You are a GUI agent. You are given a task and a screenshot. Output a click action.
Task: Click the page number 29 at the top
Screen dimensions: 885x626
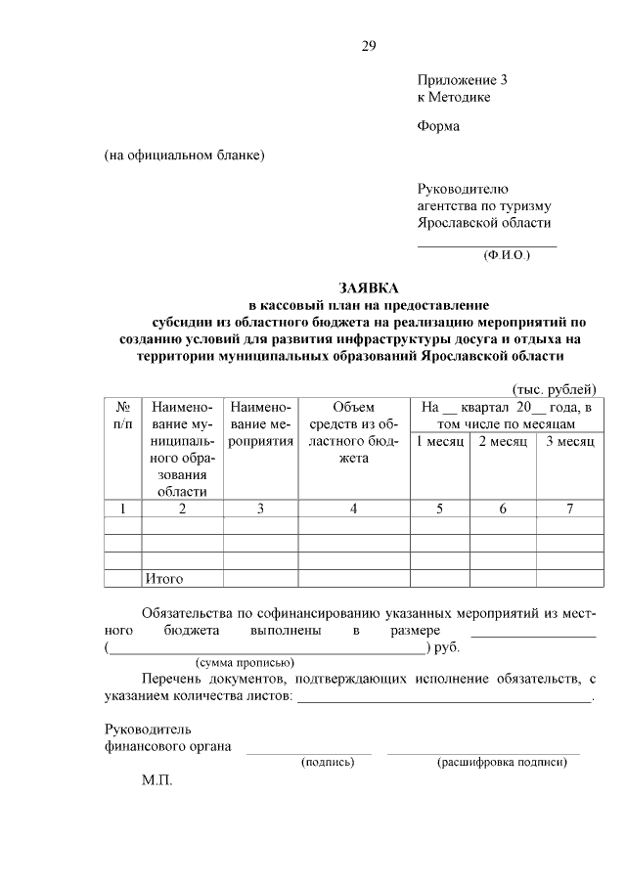click(368, 46)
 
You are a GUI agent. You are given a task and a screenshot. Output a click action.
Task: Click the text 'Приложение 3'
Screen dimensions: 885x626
click(462, 79)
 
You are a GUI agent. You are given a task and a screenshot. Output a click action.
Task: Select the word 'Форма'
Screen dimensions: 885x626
click(438, 126)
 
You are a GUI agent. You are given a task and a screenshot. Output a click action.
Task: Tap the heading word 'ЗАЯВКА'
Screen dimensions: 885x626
click(369, 288)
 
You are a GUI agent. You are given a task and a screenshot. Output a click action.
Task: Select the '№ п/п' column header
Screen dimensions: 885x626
click(123, 416)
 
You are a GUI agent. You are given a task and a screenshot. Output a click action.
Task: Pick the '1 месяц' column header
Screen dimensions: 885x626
click(440, 442)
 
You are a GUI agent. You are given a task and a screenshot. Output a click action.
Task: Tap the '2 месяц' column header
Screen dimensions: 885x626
click(503, 442)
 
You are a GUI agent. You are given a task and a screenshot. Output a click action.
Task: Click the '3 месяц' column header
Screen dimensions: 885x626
click(569, 442)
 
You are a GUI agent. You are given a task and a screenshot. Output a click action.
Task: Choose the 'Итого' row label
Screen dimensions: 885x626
click(164, 579)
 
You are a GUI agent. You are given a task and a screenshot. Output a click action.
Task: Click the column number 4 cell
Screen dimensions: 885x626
click(353, 508)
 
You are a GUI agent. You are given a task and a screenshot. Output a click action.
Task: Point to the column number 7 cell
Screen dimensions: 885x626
click(569, 508)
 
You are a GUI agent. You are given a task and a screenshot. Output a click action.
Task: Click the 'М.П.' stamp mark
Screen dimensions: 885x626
click(156, 783)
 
